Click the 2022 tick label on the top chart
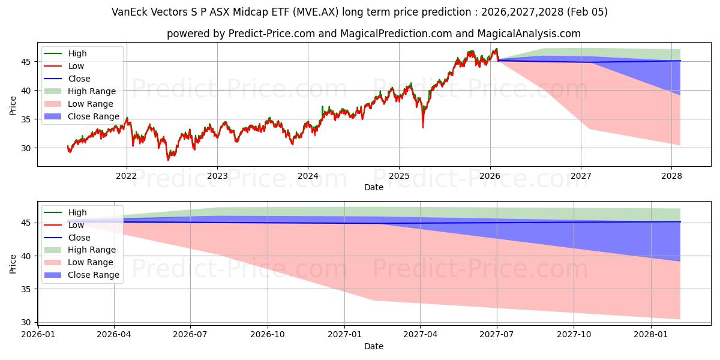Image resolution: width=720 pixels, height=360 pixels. pos(126,176)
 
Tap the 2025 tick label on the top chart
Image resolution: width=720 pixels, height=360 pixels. pos(399,176)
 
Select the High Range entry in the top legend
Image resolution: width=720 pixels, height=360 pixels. pos(92,91)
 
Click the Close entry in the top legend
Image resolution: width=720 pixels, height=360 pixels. pos(79,79)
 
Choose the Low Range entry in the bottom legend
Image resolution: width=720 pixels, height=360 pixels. pos(90,262)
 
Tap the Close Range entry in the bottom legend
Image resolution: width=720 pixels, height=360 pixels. pos(94,275)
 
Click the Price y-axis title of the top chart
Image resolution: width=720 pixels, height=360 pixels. pos(13,105)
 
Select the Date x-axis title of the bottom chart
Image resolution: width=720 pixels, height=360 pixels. pos(374,346)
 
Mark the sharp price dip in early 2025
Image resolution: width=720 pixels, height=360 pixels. pos(423,127)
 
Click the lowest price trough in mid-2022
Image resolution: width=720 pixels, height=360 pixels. pos(169,160)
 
